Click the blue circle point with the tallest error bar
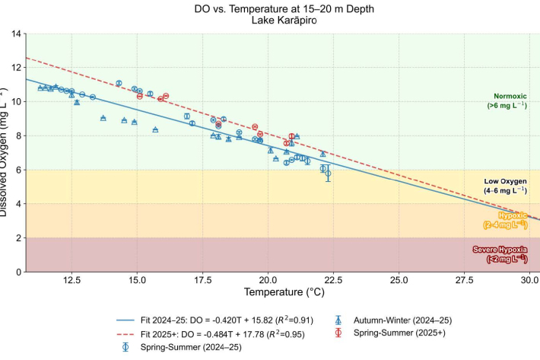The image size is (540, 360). point(328,174)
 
